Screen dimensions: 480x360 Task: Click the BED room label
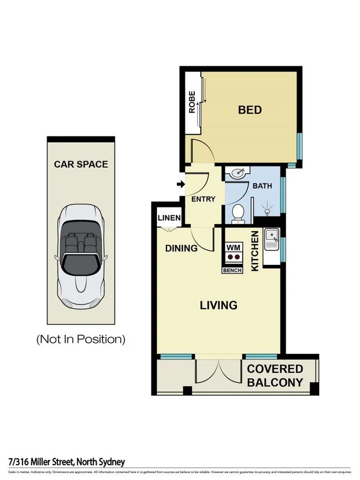[x=250, y=110]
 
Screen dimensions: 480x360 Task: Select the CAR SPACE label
[x=81, y=164]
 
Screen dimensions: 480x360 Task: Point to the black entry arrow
[x=180, y=185]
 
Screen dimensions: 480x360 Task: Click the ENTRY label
[x=203, y=199]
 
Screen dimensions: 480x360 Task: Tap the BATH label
[x=262, y=185]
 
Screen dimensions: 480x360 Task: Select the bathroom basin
[x=239, y=174]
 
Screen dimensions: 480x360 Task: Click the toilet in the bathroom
[x=237, y=213]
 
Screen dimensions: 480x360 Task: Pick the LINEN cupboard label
[x=169, y=218]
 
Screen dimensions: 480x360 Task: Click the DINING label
[x=181, y=248]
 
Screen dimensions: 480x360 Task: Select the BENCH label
[x=232, y=270]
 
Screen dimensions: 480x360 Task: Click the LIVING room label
[x=218, y=305]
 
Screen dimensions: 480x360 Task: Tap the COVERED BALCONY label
[x=275, y=376]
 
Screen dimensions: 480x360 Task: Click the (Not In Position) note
[x=81, y=340]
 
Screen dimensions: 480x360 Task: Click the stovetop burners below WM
[x=233, y=258]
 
